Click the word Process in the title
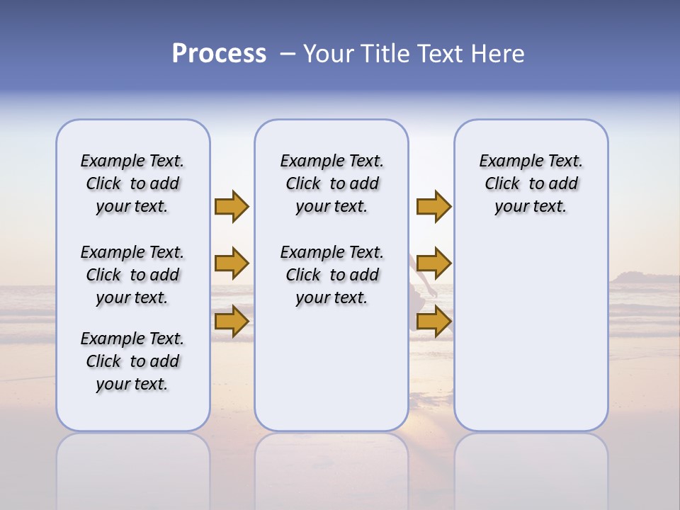click(219, 54)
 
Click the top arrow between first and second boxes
click(232, 206)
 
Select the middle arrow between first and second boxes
click(232, 263)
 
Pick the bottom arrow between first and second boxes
click(232, 322)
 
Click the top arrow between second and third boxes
click(433, 206)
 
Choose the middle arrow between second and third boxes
click(433, 263)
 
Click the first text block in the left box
click(132, 183)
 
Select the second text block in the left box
click(132, 275)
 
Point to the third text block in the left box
click(132, 361)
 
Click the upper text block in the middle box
click(331, 183)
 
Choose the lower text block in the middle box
click(331, 275)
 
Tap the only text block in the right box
click(531, 183)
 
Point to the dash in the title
click(287, 54)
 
